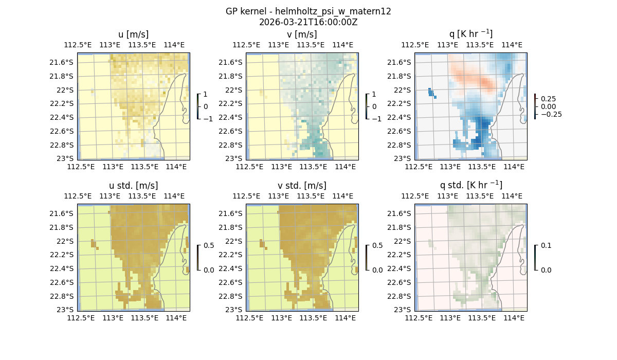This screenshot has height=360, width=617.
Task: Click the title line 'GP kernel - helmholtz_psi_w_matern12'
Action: pyautogui.click(x=308, y=11)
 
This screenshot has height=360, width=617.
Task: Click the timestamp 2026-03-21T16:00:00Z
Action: pyautogui.click(x=308, y=22)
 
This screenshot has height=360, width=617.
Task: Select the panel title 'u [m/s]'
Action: pyautogui.click(x=133, y=34)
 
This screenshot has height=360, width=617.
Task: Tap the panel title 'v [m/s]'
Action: pyautogui.click(x=302, y=34)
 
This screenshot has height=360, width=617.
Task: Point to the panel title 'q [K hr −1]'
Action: pyautogui.click(x=470, y=34)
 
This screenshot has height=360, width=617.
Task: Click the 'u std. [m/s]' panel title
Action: pyautogui.click(x=133, y=186)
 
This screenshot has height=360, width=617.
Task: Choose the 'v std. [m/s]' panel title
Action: pyautogui.click(x=302, y=186)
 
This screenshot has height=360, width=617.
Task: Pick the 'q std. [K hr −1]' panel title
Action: pyautogui.click(x=470, y=185)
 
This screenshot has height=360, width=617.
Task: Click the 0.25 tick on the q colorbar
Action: pyautogui.click(x=547, y=98)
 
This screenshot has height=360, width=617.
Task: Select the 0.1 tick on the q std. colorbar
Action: pyautogui.click(x=545, y=246)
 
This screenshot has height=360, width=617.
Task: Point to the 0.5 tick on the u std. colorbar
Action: pyautogui.click(x=208, y=246)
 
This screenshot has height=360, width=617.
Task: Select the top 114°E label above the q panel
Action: pyautogui.click(x=512, y=45)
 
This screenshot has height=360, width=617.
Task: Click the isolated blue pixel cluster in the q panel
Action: pyautogui.click(x=432, y=93)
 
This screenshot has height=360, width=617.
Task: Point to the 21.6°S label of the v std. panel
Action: pyautogui.click(x=232, y=213)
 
